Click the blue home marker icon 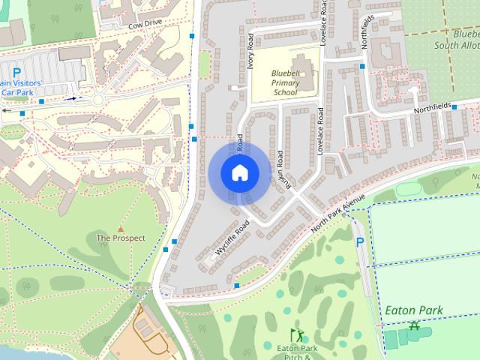pyautogui.click(x=239, y=172)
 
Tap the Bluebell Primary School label pyautogui.click(x=284, y=83)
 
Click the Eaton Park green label pyautogui.click(x=414, y=310)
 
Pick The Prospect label pyautogui.click(x=121, y=238)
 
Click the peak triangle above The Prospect pyautogui.click(x=121, y=227)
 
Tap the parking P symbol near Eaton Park pyautogui.click(x=359, y=242)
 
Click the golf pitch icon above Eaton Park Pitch pyautogui.click(x=295, y=333)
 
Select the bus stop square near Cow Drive pyautogui.click(x=193, y=36)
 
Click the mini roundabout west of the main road pyautogui.click(x=97, y=100)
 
